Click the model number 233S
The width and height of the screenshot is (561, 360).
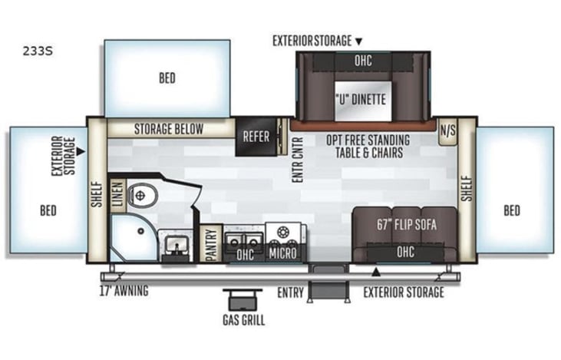coord(38,51)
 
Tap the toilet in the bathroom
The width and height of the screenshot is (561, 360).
coord(143,196)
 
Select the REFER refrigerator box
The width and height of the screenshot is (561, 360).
coord(256,137)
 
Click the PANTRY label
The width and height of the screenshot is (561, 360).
coord(212,244)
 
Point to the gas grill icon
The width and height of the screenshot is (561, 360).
coord(243,299)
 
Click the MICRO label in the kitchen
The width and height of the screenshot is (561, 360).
coord(282,253)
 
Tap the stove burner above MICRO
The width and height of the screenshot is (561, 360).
coord(282,233)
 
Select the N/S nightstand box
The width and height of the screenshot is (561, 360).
coord(448,131)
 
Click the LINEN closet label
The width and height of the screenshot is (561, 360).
coord(117,195)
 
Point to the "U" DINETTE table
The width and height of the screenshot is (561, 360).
coord(363,101)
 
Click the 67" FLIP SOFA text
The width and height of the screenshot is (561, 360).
coord(407,225)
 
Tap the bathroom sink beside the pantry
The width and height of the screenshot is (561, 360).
coord(175,245)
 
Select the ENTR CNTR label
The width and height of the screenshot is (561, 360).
coord(298,160)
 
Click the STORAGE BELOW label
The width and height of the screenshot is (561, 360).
coord(169,129)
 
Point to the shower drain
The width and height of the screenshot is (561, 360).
coord(141,231)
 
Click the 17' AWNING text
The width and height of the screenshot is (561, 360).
coord(124,291)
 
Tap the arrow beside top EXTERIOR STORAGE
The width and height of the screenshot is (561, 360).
coord(358,42)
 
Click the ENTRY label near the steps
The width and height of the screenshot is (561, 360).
coord(291,292)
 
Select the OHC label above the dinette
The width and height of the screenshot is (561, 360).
coord(363,61)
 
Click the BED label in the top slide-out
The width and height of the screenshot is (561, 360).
coord(167,78)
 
